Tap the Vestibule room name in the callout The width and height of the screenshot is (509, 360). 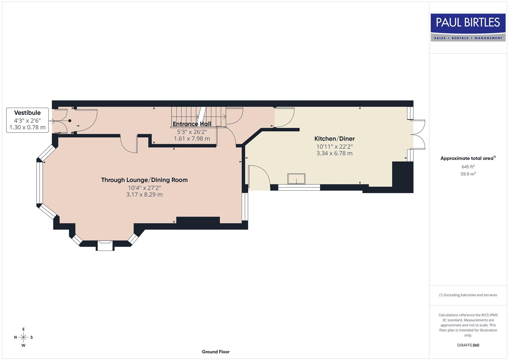27,113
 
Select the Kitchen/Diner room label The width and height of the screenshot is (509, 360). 334,139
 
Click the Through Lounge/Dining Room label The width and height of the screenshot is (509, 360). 144,180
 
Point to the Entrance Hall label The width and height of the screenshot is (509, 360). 192,124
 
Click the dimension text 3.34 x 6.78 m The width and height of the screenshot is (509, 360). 334,153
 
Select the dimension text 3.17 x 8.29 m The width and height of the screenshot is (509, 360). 144,195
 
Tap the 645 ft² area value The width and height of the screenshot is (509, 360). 468,167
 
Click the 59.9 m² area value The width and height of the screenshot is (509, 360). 468,174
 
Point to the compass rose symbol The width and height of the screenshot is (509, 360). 23,337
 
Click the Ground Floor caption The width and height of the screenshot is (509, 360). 215,352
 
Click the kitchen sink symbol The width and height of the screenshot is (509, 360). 296,179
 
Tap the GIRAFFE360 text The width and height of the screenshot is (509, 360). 468,345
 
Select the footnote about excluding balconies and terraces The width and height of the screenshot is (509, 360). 468,295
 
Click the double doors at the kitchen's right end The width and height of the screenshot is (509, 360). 419,135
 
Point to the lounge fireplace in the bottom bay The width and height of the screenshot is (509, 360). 105,245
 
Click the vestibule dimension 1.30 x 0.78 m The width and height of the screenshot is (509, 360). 27,127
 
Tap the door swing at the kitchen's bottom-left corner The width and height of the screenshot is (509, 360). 258,177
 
